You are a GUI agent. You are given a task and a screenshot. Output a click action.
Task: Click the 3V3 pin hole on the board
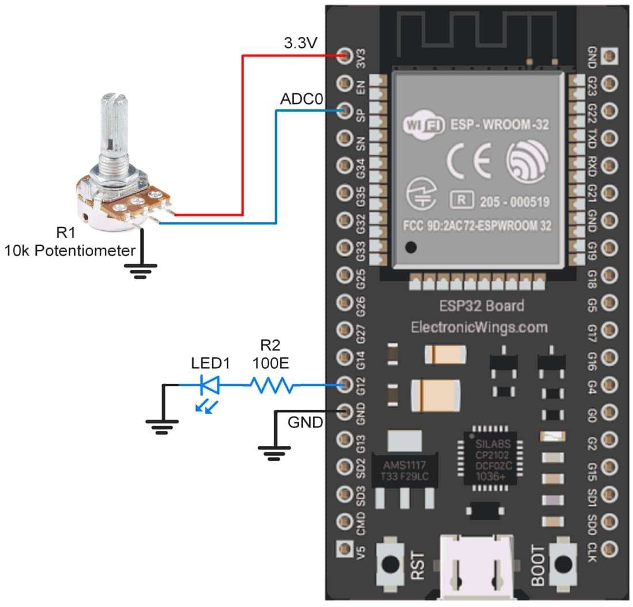[x=345, y=56]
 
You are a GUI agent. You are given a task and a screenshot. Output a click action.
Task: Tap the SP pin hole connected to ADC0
[x=345, y=110]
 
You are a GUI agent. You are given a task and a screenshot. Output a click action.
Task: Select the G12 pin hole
[x=345, y=384]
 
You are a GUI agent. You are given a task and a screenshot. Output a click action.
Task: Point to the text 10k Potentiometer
[x=70, y=250]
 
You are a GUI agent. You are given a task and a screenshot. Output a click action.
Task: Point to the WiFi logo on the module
[x=424, y=124]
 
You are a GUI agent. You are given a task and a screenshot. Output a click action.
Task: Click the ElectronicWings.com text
[x=479, y=327]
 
